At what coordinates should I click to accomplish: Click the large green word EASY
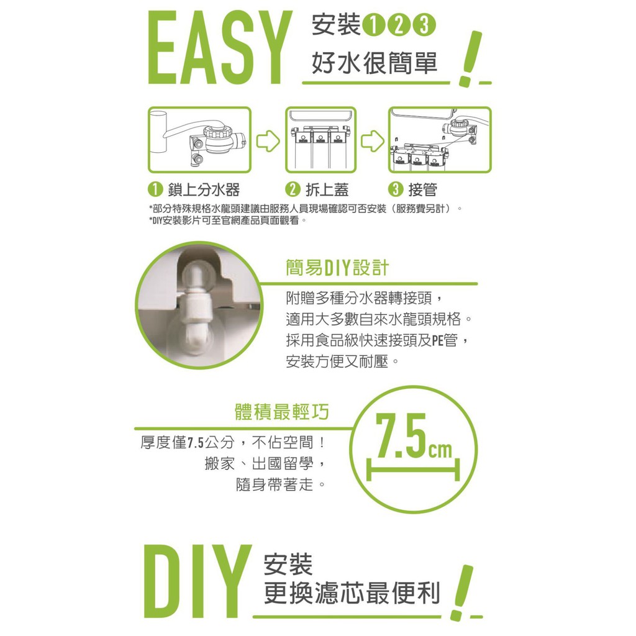(220, 48)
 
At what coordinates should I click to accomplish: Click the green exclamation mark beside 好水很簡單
(470, 59)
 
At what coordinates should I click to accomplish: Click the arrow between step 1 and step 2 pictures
(268, 141)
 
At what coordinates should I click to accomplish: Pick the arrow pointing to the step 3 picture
(373, 141)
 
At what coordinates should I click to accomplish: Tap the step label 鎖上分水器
(204, 190)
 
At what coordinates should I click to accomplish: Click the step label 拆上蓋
(327, 190)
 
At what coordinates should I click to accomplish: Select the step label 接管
(422, 190)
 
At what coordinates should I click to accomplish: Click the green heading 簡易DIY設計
(337, 268)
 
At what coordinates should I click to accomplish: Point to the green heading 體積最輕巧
(282, 412)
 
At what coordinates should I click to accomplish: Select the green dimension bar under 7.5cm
(413, 470)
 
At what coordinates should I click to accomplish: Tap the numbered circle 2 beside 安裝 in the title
(399, 25)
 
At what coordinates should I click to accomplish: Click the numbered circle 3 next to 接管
(396, 189)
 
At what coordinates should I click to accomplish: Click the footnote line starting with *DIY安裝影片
(227, 220)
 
